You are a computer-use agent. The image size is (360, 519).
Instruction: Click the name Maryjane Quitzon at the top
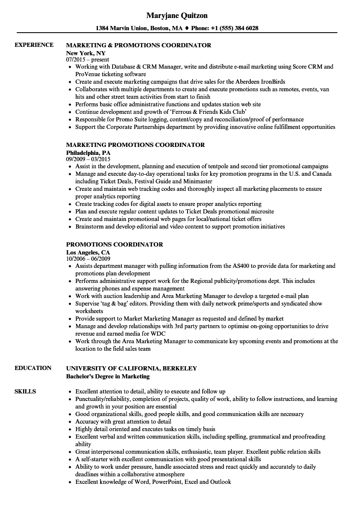[177, 15]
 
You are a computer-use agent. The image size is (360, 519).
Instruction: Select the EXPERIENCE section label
[34, 45]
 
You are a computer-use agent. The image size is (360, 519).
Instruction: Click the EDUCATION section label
[33, 368]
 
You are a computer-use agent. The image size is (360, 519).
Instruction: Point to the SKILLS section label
[25, 392]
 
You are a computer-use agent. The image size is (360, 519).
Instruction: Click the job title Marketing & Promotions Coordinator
[139, 45]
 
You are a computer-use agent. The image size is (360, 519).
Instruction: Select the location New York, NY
[86, 53]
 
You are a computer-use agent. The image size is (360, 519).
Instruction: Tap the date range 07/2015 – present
[87, 59]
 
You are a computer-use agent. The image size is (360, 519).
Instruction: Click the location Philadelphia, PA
[88, 153]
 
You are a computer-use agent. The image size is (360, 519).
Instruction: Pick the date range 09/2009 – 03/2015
[88, 159]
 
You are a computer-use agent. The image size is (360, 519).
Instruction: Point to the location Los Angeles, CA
[88, 252]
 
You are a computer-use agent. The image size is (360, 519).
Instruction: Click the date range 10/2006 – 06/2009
[88, 259]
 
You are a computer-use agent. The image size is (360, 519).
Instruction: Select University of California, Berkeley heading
[131, 368]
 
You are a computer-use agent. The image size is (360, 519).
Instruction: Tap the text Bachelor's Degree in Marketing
[108, 376]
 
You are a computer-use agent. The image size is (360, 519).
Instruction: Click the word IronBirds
[272, 82]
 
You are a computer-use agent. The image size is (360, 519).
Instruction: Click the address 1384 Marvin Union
[121, 28]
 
